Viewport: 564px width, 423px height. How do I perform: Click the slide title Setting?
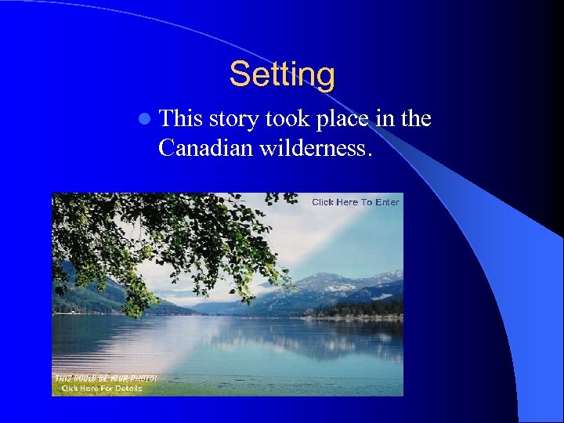282,75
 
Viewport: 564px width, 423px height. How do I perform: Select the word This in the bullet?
180,119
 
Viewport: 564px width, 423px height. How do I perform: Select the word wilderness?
318,147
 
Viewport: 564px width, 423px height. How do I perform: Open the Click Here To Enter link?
355,202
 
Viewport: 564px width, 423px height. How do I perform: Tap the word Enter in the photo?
387,202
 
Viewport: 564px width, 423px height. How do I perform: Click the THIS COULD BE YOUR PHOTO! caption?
105,378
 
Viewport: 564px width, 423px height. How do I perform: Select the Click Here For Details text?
102,389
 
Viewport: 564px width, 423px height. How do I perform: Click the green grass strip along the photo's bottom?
235,389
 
